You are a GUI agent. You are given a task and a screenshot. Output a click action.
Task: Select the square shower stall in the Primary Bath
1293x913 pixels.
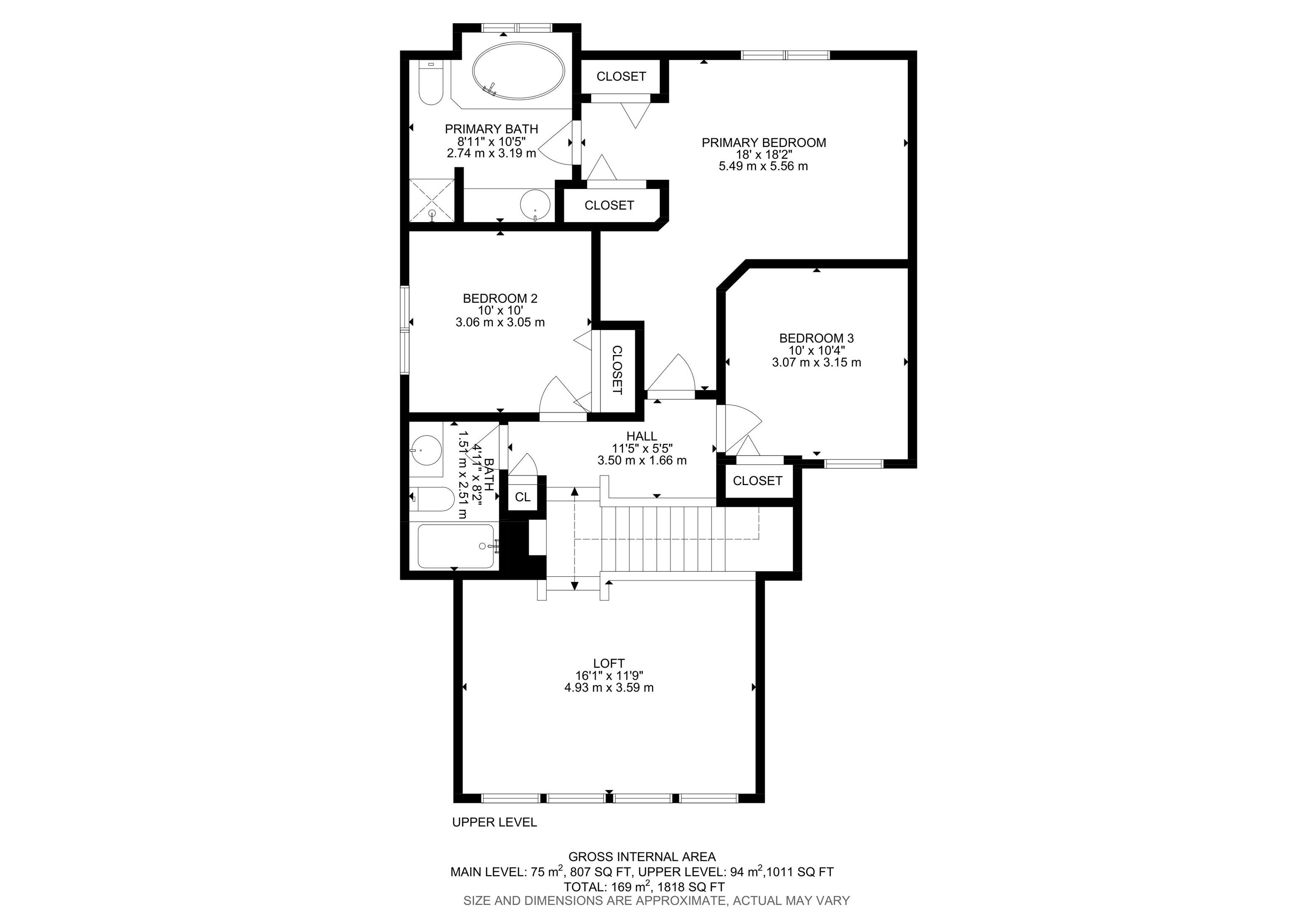pos(431,200)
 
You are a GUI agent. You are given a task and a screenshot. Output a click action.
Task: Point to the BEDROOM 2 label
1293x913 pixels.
pos(500,298)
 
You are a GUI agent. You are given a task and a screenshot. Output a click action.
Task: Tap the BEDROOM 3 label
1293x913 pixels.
pos(816,338)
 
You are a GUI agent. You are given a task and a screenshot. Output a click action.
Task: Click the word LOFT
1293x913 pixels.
pos(609,663)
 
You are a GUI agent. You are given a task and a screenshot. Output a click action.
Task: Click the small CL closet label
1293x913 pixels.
pos(523,497)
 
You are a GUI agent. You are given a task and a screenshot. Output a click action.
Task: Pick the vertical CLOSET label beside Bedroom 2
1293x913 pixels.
pos(617,370)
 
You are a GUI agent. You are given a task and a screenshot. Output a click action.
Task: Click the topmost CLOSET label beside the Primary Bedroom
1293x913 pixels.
pos(621,77)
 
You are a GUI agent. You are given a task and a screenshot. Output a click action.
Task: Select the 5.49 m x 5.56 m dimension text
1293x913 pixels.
pos(763,167)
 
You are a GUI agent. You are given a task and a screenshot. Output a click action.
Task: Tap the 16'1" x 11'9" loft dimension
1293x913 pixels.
pos(609,675)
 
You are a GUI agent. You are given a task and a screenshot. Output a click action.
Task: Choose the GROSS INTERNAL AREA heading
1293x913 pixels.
pos(641,857)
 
